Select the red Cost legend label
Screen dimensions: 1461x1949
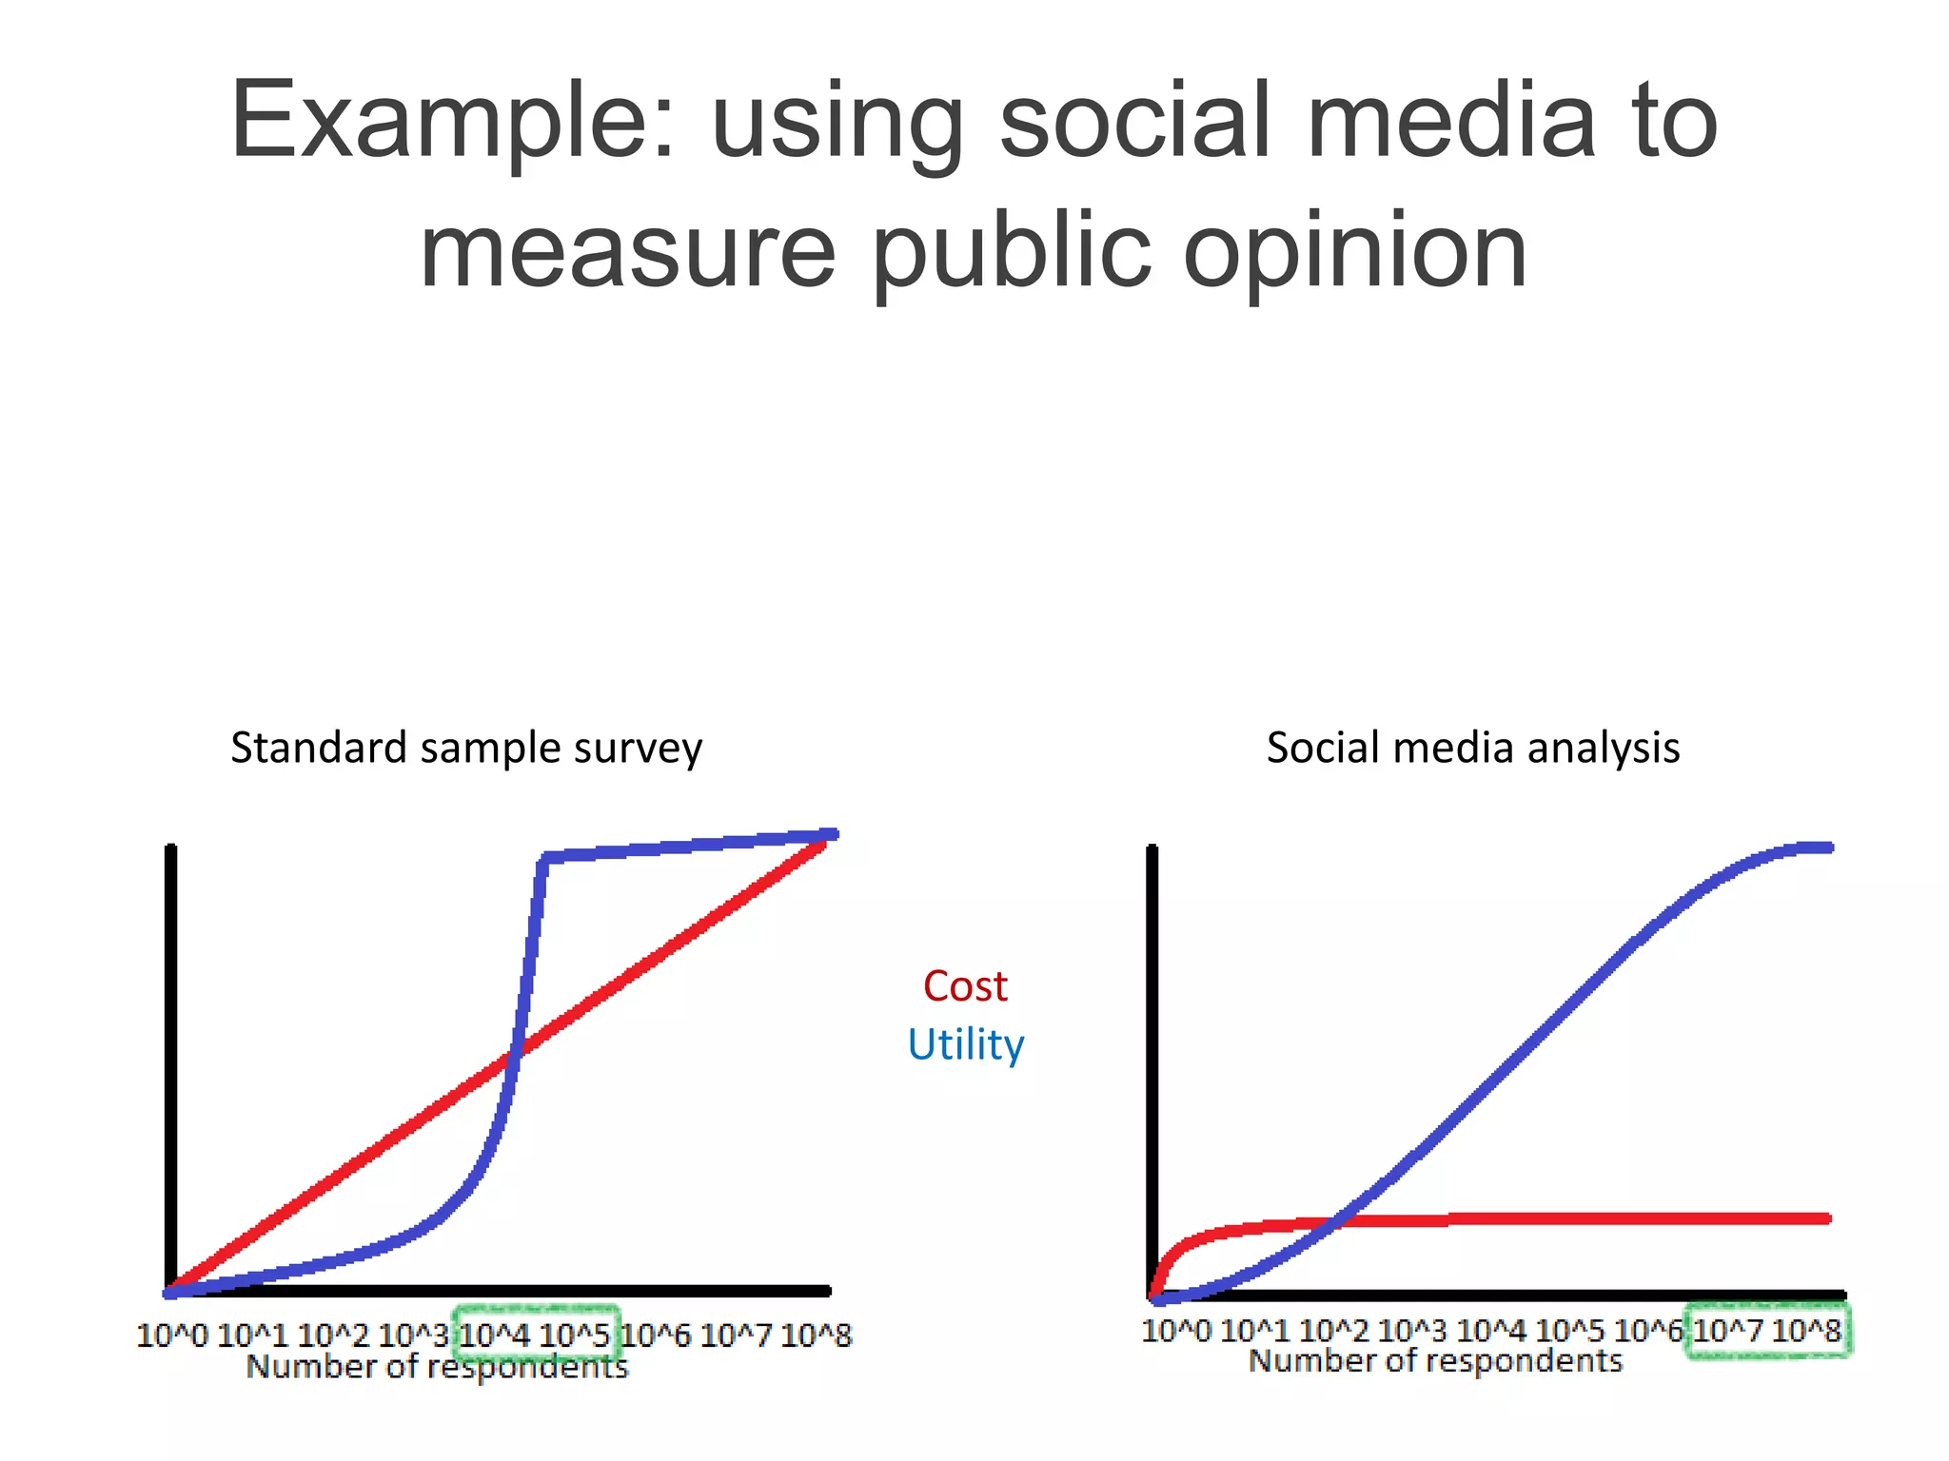coord(965,986)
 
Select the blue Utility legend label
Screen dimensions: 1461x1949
coord(965,1044)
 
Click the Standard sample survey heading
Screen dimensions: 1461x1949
coord(466,748)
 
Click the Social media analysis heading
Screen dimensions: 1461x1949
coord(1472,748)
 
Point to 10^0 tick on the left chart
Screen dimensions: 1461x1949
coord(171,1335)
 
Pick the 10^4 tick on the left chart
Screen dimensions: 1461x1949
coord(494,1335)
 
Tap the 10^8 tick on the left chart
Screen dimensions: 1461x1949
coord(816,1335)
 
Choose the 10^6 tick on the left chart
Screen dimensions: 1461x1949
coord(656,1335)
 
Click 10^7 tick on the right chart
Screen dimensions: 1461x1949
coord(1727,1330)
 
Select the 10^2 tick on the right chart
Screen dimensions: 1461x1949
coord(1333,1330)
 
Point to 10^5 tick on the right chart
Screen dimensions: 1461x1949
coord(1569,1330)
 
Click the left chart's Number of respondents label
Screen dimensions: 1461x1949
coord(438,1367)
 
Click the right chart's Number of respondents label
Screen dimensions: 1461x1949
coord(1435,1361)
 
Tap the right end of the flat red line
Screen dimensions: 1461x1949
coord(1827,1218)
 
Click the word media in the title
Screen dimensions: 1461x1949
coord(1451,122)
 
